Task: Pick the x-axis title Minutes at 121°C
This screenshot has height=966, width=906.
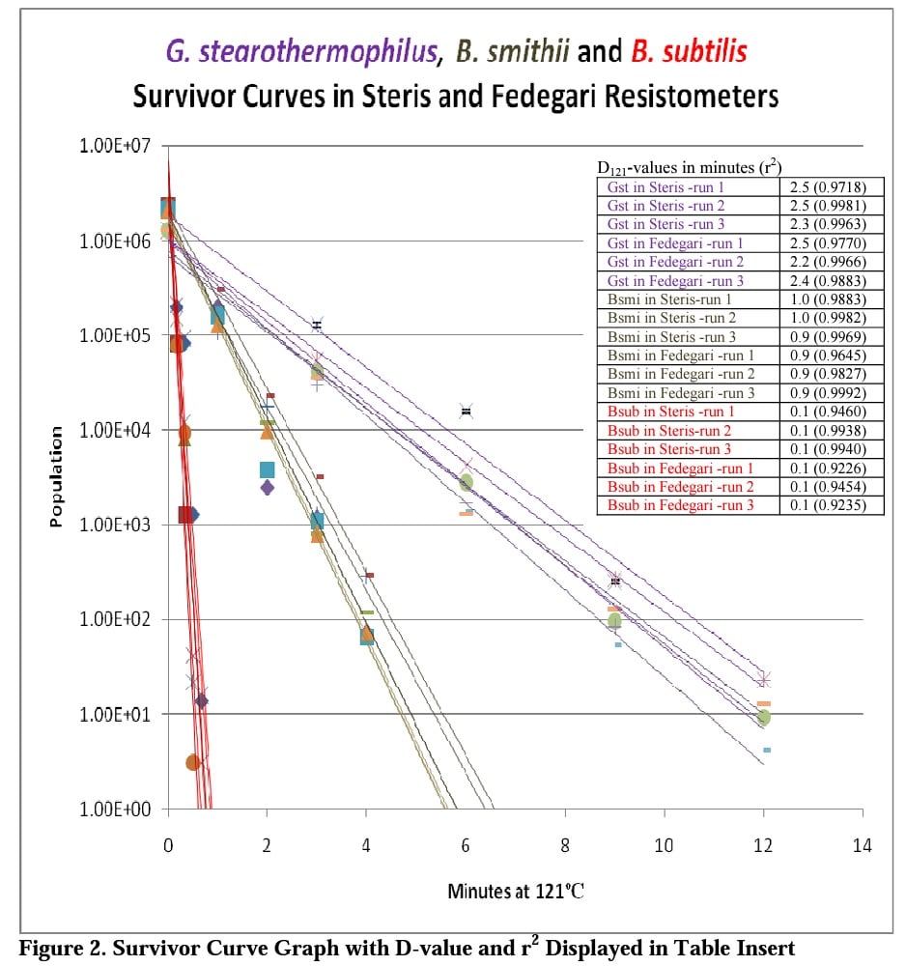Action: click(515, 891)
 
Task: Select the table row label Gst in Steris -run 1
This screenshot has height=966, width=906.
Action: click(665, 186)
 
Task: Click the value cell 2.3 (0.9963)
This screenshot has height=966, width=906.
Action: click(831, 224)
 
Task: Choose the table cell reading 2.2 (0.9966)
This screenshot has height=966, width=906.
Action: click(831, 262)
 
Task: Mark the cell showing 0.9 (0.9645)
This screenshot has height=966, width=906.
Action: click(831, 355)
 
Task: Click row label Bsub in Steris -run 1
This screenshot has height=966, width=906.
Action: click(667, 412)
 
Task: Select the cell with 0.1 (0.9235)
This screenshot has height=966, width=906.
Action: click(831, 505)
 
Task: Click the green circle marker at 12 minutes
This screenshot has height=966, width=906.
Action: click(764, 717)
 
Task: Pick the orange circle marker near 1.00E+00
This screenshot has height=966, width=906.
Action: click(192, 762)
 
